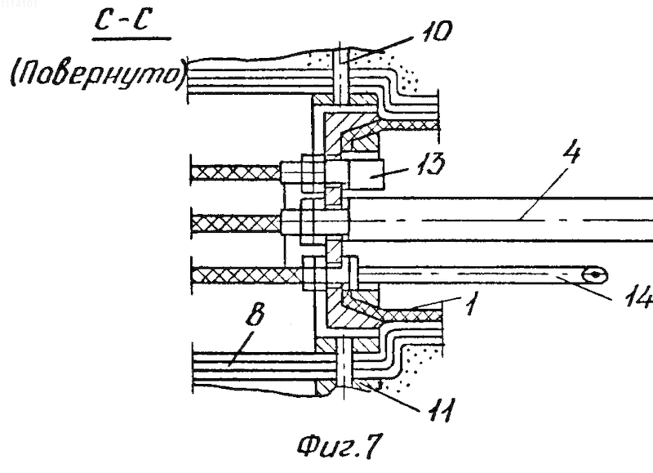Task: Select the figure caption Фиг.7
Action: pyautogui.click(x=340, y=446)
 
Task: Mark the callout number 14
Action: pyautogui.click(x=640, y=297)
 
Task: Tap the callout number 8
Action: pyautogui.click(x=255, y=314)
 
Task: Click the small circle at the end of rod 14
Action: pyautogui.click(x=596, y=275)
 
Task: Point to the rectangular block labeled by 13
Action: pyautogui.click(x=366, y=176)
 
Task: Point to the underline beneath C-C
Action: pyautogui.click(x=131, y=39)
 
